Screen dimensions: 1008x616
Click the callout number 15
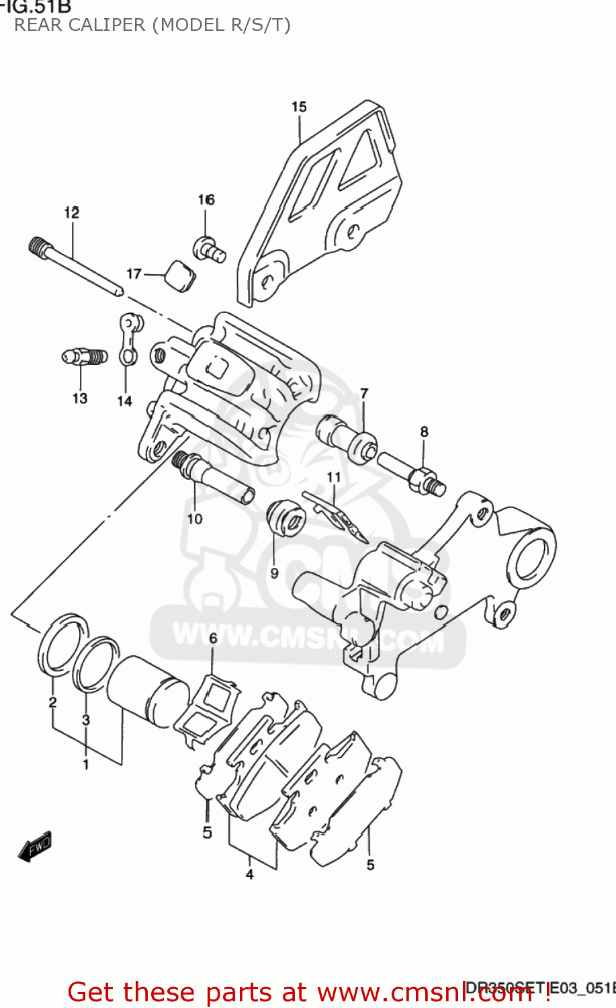click(299, 107)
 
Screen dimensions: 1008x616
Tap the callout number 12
click(72, 212)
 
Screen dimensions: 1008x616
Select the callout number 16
click(206, 200)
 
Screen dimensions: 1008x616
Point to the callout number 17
click(134, 274)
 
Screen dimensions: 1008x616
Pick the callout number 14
click(125, 401)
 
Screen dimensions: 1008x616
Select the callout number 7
click(364, 393)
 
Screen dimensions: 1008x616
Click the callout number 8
click(424, 431)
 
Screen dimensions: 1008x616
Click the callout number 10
click(195, 519)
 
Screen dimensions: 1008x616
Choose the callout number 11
click(334, 477)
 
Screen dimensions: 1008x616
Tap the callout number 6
click(213, 638)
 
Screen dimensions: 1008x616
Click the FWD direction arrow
click(35, 847)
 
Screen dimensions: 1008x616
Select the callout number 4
click(249, 874)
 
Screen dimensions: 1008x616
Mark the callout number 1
click(86, 765)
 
